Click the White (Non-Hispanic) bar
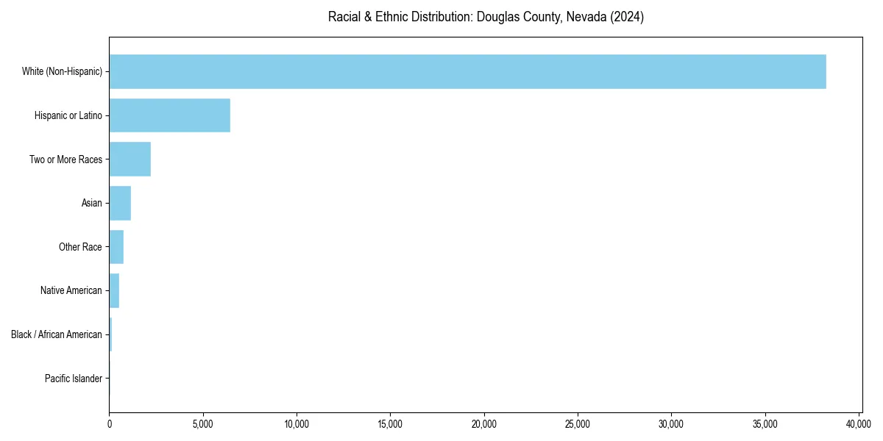point(467,71)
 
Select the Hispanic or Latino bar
point(169,115)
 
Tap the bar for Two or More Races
point(130,159)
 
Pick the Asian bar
point(120,203)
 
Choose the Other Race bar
point(116,247)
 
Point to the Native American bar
point(114,290)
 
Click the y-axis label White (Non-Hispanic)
point(62,71)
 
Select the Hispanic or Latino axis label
point(68,115)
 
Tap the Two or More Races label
point(65,159)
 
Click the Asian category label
point(92,203)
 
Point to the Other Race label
point(80,247)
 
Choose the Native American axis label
point(71,290)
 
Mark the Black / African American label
point(57,334)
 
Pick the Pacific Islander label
point(74,379)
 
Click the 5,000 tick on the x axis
point(202,424)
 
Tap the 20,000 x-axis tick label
point(483,424)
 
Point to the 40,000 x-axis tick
point(859,424)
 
